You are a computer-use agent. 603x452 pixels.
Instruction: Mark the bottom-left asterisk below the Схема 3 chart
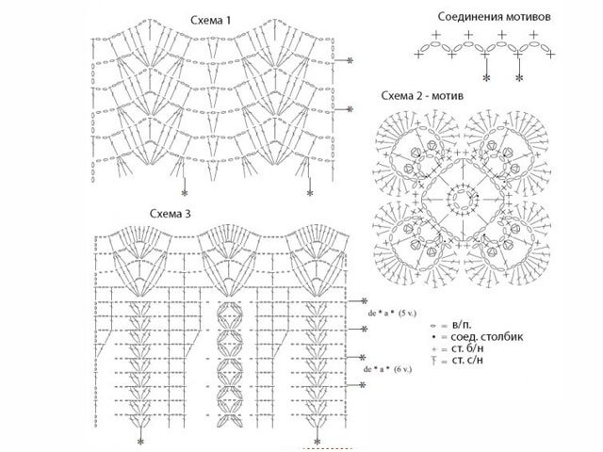click(141, 441)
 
